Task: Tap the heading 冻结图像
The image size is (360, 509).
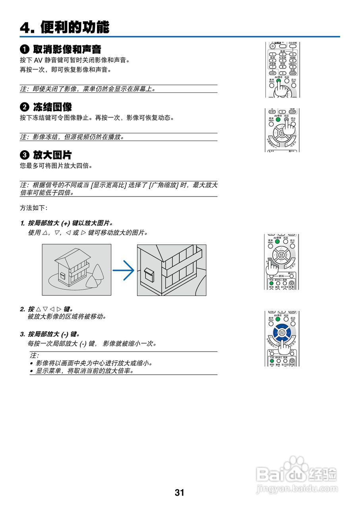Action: tap(52, 107)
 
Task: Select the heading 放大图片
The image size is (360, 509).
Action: tap(52, 155)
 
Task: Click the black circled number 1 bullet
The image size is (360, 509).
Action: tap(24, 50)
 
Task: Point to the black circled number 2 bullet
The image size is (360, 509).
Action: tap(24, 107)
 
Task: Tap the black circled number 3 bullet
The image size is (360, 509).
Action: tap(24, 155)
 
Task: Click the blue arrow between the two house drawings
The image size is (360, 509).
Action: tap(124, 270)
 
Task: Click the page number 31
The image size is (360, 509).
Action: tap(180, 493)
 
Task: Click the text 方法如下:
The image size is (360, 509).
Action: tap(33, 208)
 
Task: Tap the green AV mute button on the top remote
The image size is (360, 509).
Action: tap(279, 81)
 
